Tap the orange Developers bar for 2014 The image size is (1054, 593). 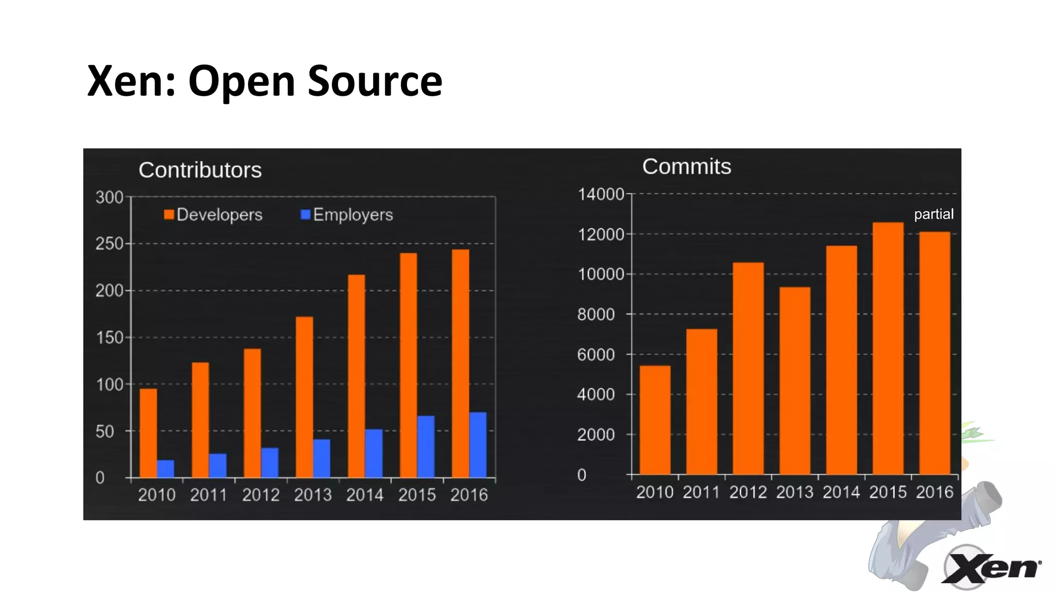(356, 376)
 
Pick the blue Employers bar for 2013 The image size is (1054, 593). (322, 458)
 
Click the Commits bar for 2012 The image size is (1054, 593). (748, 368)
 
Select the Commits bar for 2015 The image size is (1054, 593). (888, 348)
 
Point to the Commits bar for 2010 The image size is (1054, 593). (655, 420)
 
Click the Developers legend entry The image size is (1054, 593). (213, 215)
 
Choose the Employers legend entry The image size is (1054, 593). (347, 215)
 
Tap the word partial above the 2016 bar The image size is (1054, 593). (934, 214)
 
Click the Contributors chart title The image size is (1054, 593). (200, 170)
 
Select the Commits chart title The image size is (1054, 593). (687, 166)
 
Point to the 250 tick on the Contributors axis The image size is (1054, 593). (109, 243)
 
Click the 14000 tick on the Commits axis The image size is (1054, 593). (601, 194)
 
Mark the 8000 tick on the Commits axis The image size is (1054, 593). (596, 314)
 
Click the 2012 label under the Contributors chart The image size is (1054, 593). (260, 495)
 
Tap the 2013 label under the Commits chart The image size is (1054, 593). (795, 492)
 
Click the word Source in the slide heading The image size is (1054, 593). (375, 81)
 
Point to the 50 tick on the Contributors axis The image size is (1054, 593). (105, 431)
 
